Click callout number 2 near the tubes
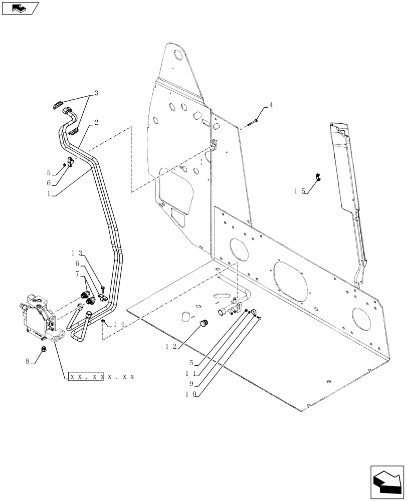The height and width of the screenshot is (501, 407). [x=95, y=122]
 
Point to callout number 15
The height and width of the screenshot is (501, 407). [x=300, y=191]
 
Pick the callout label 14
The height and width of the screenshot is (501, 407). [x=117, y=324]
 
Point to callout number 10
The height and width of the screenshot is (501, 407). [x=190, y=394]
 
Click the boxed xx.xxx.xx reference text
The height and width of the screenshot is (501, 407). [x=86, y=376]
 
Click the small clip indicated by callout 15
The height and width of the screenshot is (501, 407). [x=317, y=176]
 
